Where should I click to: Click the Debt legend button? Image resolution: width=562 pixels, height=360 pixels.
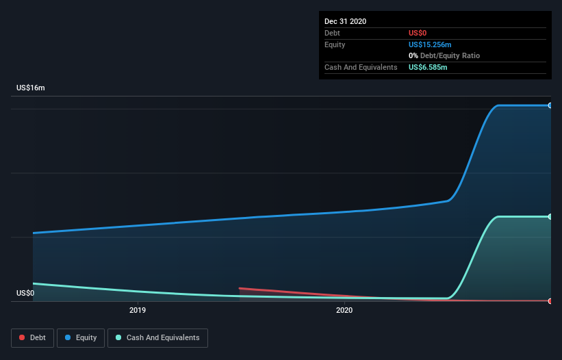point(32,337)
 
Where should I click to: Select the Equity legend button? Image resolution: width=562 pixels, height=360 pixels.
point(81,337)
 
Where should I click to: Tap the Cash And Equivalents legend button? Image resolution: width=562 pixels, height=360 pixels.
point(157,337)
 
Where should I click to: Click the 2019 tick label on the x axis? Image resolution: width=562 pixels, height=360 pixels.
point(138,310)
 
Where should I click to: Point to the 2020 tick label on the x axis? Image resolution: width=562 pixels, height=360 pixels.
point(344,310)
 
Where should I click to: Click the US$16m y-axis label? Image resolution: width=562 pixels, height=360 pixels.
point(31,88)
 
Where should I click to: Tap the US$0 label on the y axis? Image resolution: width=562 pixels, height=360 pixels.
point(25,293)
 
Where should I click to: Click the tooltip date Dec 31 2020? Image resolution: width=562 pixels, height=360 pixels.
point(345,21)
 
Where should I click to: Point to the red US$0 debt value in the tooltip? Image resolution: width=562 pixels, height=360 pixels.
point(418,33)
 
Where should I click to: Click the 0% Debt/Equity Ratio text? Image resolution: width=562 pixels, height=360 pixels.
point(444,55)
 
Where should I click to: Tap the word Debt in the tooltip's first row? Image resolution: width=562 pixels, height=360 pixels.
point(333,33)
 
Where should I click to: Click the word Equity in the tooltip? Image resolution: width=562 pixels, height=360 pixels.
point(335,44)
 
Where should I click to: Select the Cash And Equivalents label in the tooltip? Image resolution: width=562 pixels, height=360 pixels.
point(361,67)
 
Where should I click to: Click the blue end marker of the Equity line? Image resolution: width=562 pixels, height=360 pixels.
point(550,105)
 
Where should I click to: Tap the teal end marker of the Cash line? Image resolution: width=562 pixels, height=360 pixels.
point(550,217)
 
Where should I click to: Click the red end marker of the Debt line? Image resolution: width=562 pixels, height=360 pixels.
point(550,301)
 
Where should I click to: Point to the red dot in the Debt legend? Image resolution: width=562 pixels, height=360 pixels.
point(22,337)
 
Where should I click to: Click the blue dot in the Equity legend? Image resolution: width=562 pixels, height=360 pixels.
point(68,337)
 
